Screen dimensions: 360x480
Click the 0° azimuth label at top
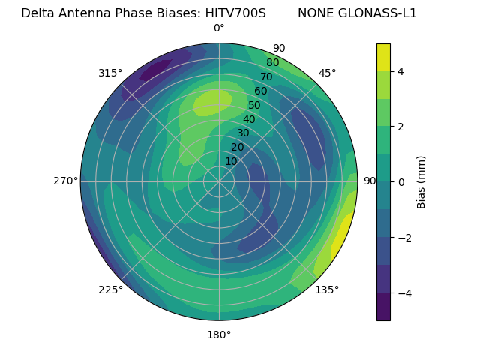click(219, 28)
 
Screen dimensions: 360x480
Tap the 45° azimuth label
click(328, 73)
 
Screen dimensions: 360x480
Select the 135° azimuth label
click(327, 289)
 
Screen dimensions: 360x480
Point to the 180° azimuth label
click(219, 334)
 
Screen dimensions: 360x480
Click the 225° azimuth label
click(110, 289)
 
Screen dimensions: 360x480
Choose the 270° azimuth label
click(65, 181)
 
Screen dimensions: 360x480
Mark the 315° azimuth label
click(110, 73)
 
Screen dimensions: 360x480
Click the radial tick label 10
click(231, 161)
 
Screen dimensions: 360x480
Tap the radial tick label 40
click(249, 119)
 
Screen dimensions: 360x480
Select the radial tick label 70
click(266, 76)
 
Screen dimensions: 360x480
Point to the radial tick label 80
click(272, 63)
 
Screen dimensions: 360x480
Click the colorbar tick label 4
click(401, 71)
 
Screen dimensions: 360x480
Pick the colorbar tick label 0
click(401, 182)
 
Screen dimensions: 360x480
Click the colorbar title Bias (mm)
click(421, 181)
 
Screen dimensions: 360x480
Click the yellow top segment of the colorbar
click(383, 57)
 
